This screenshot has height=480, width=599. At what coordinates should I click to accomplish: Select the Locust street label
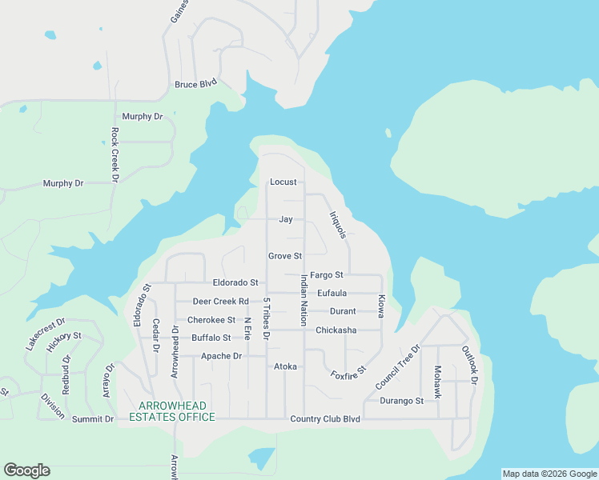283,182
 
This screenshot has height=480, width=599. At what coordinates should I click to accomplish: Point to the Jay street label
285,219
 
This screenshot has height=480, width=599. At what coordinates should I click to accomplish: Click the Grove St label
284,256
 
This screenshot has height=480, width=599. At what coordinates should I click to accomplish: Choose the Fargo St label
327,275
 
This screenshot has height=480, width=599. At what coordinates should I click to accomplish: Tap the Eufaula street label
332,294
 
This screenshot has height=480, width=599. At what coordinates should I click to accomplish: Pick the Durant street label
343,311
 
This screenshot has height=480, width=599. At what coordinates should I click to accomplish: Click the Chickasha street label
336,330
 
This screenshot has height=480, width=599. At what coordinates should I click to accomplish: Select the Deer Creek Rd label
221,302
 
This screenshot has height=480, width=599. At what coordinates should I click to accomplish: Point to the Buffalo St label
211,338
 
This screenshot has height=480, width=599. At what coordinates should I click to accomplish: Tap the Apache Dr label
221,356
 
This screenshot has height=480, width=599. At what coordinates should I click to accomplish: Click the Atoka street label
286,366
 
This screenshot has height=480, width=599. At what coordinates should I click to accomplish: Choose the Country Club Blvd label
325,418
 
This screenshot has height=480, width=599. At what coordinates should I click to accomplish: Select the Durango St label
401,401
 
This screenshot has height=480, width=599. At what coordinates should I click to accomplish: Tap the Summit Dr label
93,419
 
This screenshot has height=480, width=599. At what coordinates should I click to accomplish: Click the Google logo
26,470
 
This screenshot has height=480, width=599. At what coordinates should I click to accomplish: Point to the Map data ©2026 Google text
549,474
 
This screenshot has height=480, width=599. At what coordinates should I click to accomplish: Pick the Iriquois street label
338,226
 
